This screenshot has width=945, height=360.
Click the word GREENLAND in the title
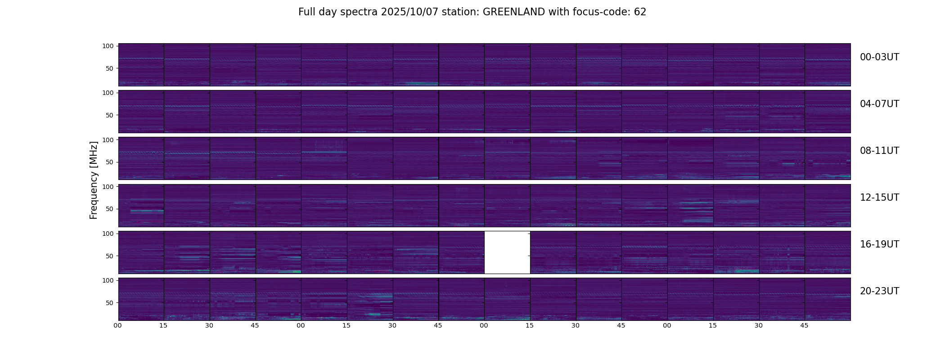click(x=513, y=12)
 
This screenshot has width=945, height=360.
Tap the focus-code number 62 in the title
click(x=640, y=12)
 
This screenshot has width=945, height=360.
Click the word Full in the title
click(x=307, y=12)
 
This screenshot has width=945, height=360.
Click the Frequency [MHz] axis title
click(x=94, y=180)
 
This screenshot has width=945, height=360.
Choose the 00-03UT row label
click(x=879, y=57)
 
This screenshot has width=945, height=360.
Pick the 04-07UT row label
click(x=879, y=104)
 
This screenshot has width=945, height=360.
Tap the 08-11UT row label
click(x=879, y=151)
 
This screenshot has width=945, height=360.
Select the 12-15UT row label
click(x=879, y=198)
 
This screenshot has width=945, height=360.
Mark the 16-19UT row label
click(x=879, y=244)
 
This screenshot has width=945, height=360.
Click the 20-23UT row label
click(x=879, y=291)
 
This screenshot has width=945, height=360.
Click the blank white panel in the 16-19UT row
click(x=507, y=252)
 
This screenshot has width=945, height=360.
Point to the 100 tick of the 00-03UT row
click(x=108, y=46)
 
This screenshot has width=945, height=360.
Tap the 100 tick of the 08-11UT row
click(x=108, y=140)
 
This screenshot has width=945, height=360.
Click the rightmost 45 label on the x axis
click(x=804, y=325)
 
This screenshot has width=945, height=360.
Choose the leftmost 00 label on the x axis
click(x=117, y=325)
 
